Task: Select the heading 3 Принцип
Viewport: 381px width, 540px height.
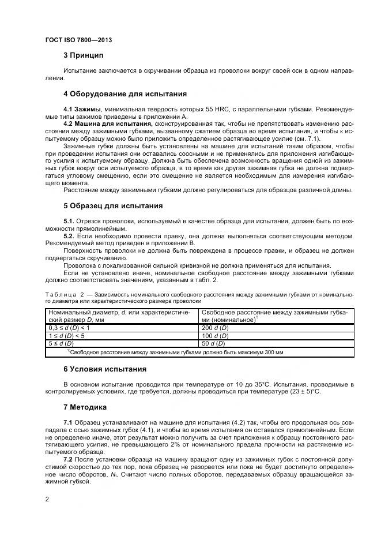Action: [x=83, y=56]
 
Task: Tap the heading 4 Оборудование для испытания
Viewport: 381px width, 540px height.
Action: [x=125, y=94]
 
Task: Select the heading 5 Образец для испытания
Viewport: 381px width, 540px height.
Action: [x=113, y=206]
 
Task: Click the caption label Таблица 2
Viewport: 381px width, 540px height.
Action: [x=65, y=294]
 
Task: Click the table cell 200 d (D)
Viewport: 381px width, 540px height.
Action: [x=215, y=327]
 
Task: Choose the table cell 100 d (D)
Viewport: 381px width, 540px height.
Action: [x=215, y=335]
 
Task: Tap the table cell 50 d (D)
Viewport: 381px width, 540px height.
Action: [x=213, y=343]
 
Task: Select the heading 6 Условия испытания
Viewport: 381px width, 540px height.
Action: [x=104, y=369]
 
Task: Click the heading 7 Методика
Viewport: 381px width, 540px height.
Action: [x=85, y=407]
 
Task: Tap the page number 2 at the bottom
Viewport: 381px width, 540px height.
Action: [x=47, y=500]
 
